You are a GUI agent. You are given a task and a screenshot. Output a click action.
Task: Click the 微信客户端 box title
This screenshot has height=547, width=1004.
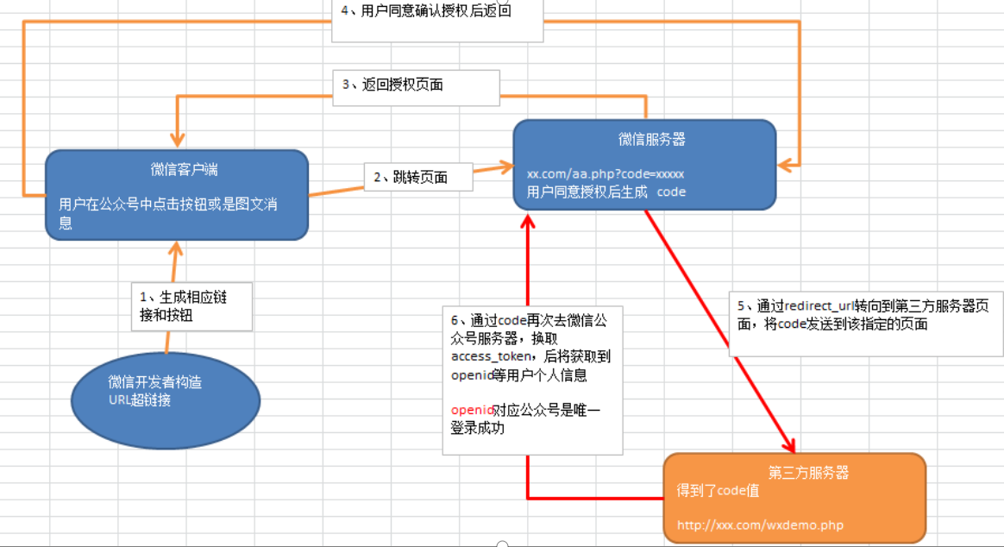click(x=178, y=170)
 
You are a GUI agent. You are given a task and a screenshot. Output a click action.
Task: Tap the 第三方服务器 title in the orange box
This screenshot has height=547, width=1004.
click(x=808, y=473)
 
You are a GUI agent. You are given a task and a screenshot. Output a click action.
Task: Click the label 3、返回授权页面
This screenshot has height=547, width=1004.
click(x=393, y=85)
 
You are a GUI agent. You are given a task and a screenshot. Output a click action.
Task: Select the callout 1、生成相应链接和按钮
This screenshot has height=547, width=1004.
click(x=184, y=305)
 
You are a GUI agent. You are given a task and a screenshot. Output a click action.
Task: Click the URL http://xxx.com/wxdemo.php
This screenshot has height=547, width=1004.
click(x=760, y=525)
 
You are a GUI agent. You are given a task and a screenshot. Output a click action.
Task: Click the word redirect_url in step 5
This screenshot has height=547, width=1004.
click(x=820, y=306)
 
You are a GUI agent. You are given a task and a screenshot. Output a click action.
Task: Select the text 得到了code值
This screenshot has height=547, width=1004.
click(x=718, y=490)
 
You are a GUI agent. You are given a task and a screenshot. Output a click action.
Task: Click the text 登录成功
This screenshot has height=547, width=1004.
click(x=477, y=428)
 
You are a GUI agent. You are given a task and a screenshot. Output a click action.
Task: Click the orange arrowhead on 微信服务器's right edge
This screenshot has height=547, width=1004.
click(x=786, y=164)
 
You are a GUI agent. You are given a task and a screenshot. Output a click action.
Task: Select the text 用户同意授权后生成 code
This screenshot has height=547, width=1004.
click(x=606, y=192)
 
